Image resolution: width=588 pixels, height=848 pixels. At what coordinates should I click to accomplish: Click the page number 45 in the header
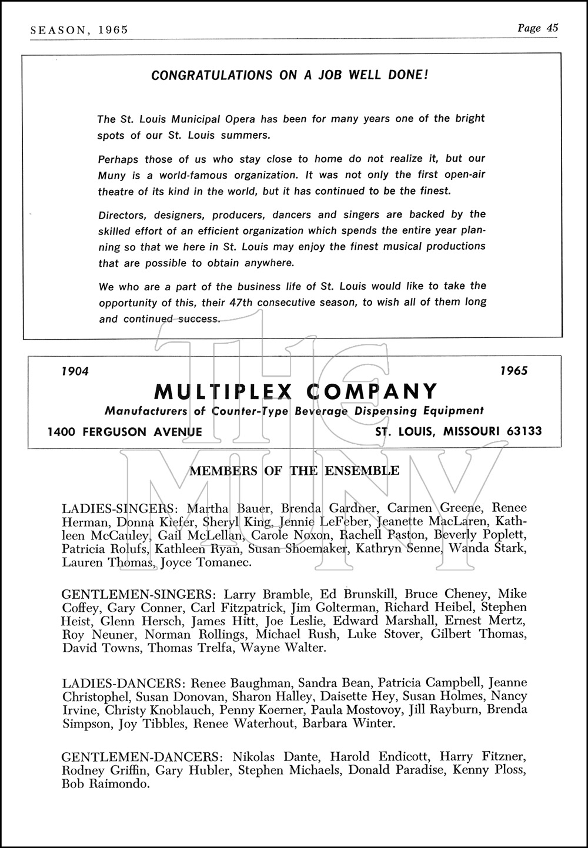(552, 28)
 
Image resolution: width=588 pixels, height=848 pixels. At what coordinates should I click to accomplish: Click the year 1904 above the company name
(75, 371)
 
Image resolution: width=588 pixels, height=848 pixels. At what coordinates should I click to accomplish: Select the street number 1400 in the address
(62, 432)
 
